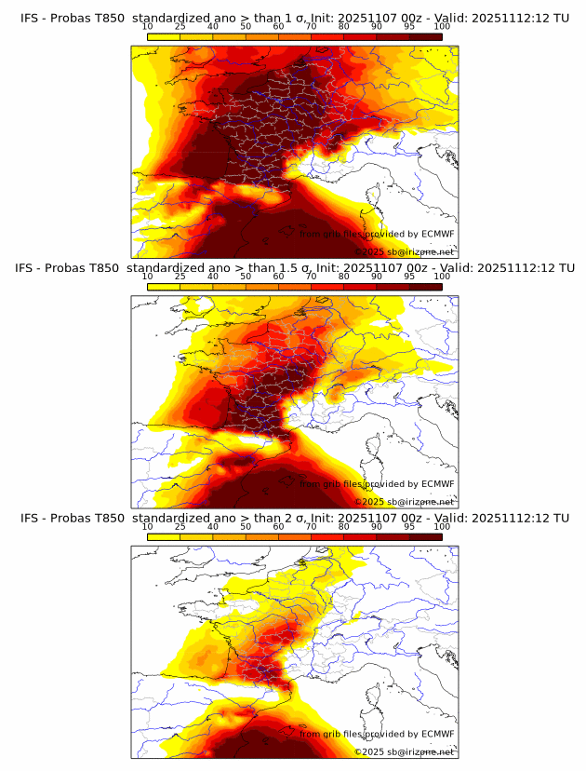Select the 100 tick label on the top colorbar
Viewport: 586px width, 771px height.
pyautogui.click(x=442, y=27)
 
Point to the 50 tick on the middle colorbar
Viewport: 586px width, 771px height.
pyautogui.click(x=246, y=277)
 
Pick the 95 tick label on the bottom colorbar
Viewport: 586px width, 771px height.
pyautogui.click(x=409, y=527)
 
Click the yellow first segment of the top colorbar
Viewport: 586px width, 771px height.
pyautogui.click(x=163, y=36)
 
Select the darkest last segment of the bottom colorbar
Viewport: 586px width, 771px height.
pyautogui.click(x=425, y=537)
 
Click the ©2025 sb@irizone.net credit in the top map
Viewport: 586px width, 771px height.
pyautogui.click(x=404, y=251)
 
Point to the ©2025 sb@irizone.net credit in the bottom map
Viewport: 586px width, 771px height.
pyautogui.click(x=404, y=751)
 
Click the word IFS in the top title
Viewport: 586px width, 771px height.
pyautogui.click(x=30, y=18)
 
